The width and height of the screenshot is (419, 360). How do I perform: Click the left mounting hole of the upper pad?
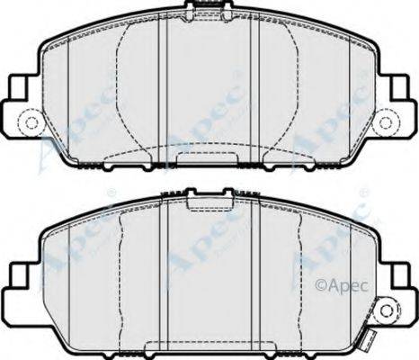click(x=31, y=122)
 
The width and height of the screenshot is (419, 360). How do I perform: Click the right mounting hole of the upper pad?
click(x=386, y=122)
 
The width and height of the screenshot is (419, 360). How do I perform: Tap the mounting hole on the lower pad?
click(x=387, y=310)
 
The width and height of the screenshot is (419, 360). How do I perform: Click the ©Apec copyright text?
click(x=342, y=285)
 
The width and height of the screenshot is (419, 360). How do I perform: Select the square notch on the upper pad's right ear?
click(x=400, y=87)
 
